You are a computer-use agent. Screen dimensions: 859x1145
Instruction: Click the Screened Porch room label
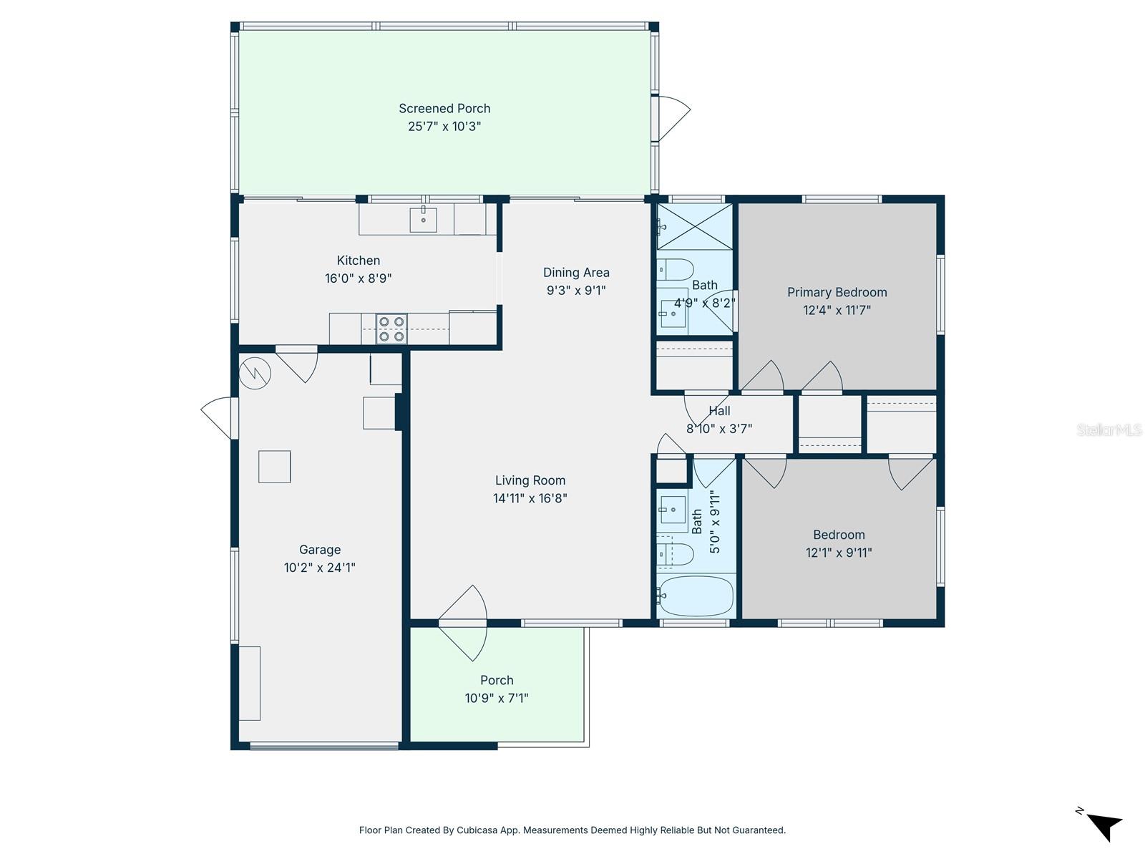coord(444,109)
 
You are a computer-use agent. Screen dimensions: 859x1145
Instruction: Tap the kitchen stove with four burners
coord(391,329)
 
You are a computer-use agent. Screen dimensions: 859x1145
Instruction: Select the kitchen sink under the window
coord(424,220)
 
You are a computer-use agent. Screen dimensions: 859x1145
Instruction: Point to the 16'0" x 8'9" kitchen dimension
coord(358,278)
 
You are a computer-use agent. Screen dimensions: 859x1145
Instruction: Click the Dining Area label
coord(576,273)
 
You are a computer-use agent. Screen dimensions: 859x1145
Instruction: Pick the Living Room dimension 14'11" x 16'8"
coord(530,498)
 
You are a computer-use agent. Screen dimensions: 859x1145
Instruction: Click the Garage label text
coord(319,550)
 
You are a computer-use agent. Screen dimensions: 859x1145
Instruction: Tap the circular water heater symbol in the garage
coord(255,372)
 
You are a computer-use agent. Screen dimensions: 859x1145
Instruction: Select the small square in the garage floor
coord(274,467)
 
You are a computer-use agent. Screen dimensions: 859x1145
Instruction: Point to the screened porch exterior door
coord(673,118)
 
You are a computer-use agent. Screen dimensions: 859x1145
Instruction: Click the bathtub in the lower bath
coord(696,596)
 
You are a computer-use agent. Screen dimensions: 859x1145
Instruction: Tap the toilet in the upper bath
coord(675,270)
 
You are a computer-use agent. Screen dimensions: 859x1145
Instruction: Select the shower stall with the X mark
coord(694,227)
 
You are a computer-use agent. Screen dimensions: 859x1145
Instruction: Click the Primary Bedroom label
coord(837,292)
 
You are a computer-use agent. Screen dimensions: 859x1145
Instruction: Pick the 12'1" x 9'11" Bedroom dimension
coord(838,553)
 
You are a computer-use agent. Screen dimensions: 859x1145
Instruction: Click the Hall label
coord(719,411)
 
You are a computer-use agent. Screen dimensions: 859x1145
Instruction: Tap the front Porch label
coord(497,680)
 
